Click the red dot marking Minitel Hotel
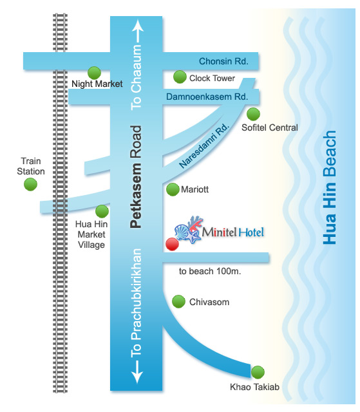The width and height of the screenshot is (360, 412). coord(172,244)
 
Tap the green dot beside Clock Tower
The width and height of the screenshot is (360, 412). coord(180,77)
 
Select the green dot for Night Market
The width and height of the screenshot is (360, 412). coord(94,73)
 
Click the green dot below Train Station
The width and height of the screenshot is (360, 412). coord(30,184)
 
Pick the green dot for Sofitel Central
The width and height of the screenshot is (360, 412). coord(253,115)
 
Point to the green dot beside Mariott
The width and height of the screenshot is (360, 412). coord(173,189)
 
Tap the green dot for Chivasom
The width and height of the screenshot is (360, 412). coord(178,301)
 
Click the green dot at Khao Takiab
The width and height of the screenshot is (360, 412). coord(258,372)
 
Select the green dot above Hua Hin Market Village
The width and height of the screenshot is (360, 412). coord(102,211)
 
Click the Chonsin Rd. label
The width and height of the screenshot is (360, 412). coord(223,61)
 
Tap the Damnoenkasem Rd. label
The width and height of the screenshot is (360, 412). coord(207,97)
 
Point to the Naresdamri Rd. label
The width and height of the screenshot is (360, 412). coord(204,145)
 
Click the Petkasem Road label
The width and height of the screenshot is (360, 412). coord(136,176)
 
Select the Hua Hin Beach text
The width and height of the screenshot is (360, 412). coord(330,187)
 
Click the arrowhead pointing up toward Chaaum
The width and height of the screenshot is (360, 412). coord(137,26)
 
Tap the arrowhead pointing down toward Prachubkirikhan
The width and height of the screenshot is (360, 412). coord(137,378)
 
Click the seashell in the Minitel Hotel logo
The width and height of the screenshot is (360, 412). coord(182,232)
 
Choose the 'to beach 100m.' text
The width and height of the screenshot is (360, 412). coord(210,271)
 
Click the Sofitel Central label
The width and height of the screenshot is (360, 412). coord(270,127)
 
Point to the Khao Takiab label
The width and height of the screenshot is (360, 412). coord(254,387)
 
